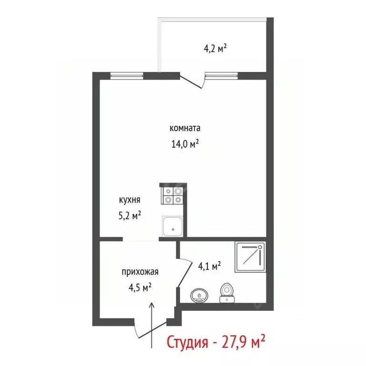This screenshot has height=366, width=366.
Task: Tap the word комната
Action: (185, 128)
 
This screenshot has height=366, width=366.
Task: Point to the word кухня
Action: (130, 201)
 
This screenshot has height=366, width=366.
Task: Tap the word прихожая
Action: (140, 272)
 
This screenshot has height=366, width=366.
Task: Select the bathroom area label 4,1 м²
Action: (209, 266)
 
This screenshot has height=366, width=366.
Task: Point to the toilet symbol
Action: (226, 292)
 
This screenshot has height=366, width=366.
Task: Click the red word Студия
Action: (188, 343)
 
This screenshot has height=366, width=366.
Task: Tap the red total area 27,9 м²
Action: (244, 343)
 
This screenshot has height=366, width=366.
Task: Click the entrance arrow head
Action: (152, 305)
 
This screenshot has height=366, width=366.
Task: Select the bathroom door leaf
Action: (180, 267)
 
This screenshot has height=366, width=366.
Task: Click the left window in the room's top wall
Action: (127, 75)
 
